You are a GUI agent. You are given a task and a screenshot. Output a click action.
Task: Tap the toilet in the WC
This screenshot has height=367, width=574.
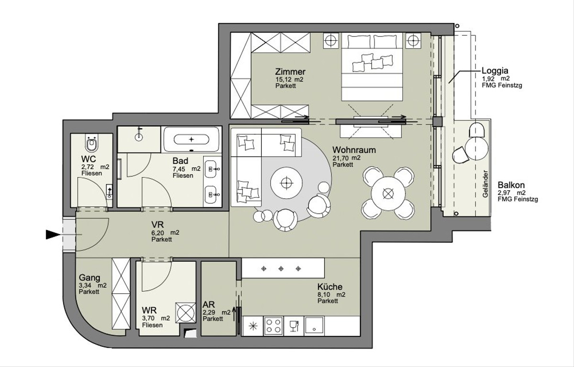(92, 143)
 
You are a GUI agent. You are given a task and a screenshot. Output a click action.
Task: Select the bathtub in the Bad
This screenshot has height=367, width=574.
(191, 139)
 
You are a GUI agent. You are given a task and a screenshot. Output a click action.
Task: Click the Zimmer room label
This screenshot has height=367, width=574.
(290, 71)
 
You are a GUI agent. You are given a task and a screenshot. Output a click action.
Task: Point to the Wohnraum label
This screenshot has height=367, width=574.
(354, 150)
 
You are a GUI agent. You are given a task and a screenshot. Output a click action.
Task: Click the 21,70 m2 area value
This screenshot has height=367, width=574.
(346, 158)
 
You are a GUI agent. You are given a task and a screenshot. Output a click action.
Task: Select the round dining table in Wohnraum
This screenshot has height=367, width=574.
(388, 193)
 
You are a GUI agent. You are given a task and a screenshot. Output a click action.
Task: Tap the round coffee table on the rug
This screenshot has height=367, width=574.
(286, 183)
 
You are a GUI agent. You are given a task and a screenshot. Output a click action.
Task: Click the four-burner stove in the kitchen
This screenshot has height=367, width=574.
(274, 326)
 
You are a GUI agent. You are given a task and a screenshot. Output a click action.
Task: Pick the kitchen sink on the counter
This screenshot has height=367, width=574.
(314, 326)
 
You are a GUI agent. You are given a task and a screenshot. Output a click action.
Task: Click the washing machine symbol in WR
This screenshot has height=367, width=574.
(185, 312)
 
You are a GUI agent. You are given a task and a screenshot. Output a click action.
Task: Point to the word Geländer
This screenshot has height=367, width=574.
(485, 184)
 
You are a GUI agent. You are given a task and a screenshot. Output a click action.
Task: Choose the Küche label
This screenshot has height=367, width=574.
(330, 287)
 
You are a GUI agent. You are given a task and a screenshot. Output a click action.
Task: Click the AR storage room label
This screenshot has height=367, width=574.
(209, 305)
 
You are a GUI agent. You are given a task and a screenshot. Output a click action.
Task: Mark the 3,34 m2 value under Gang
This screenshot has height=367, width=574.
(92, 286)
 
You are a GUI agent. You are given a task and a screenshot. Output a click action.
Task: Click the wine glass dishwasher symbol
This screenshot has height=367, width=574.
(294, 326)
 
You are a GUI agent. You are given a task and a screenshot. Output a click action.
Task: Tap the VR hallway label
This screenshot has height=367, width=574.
(157, 225)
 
